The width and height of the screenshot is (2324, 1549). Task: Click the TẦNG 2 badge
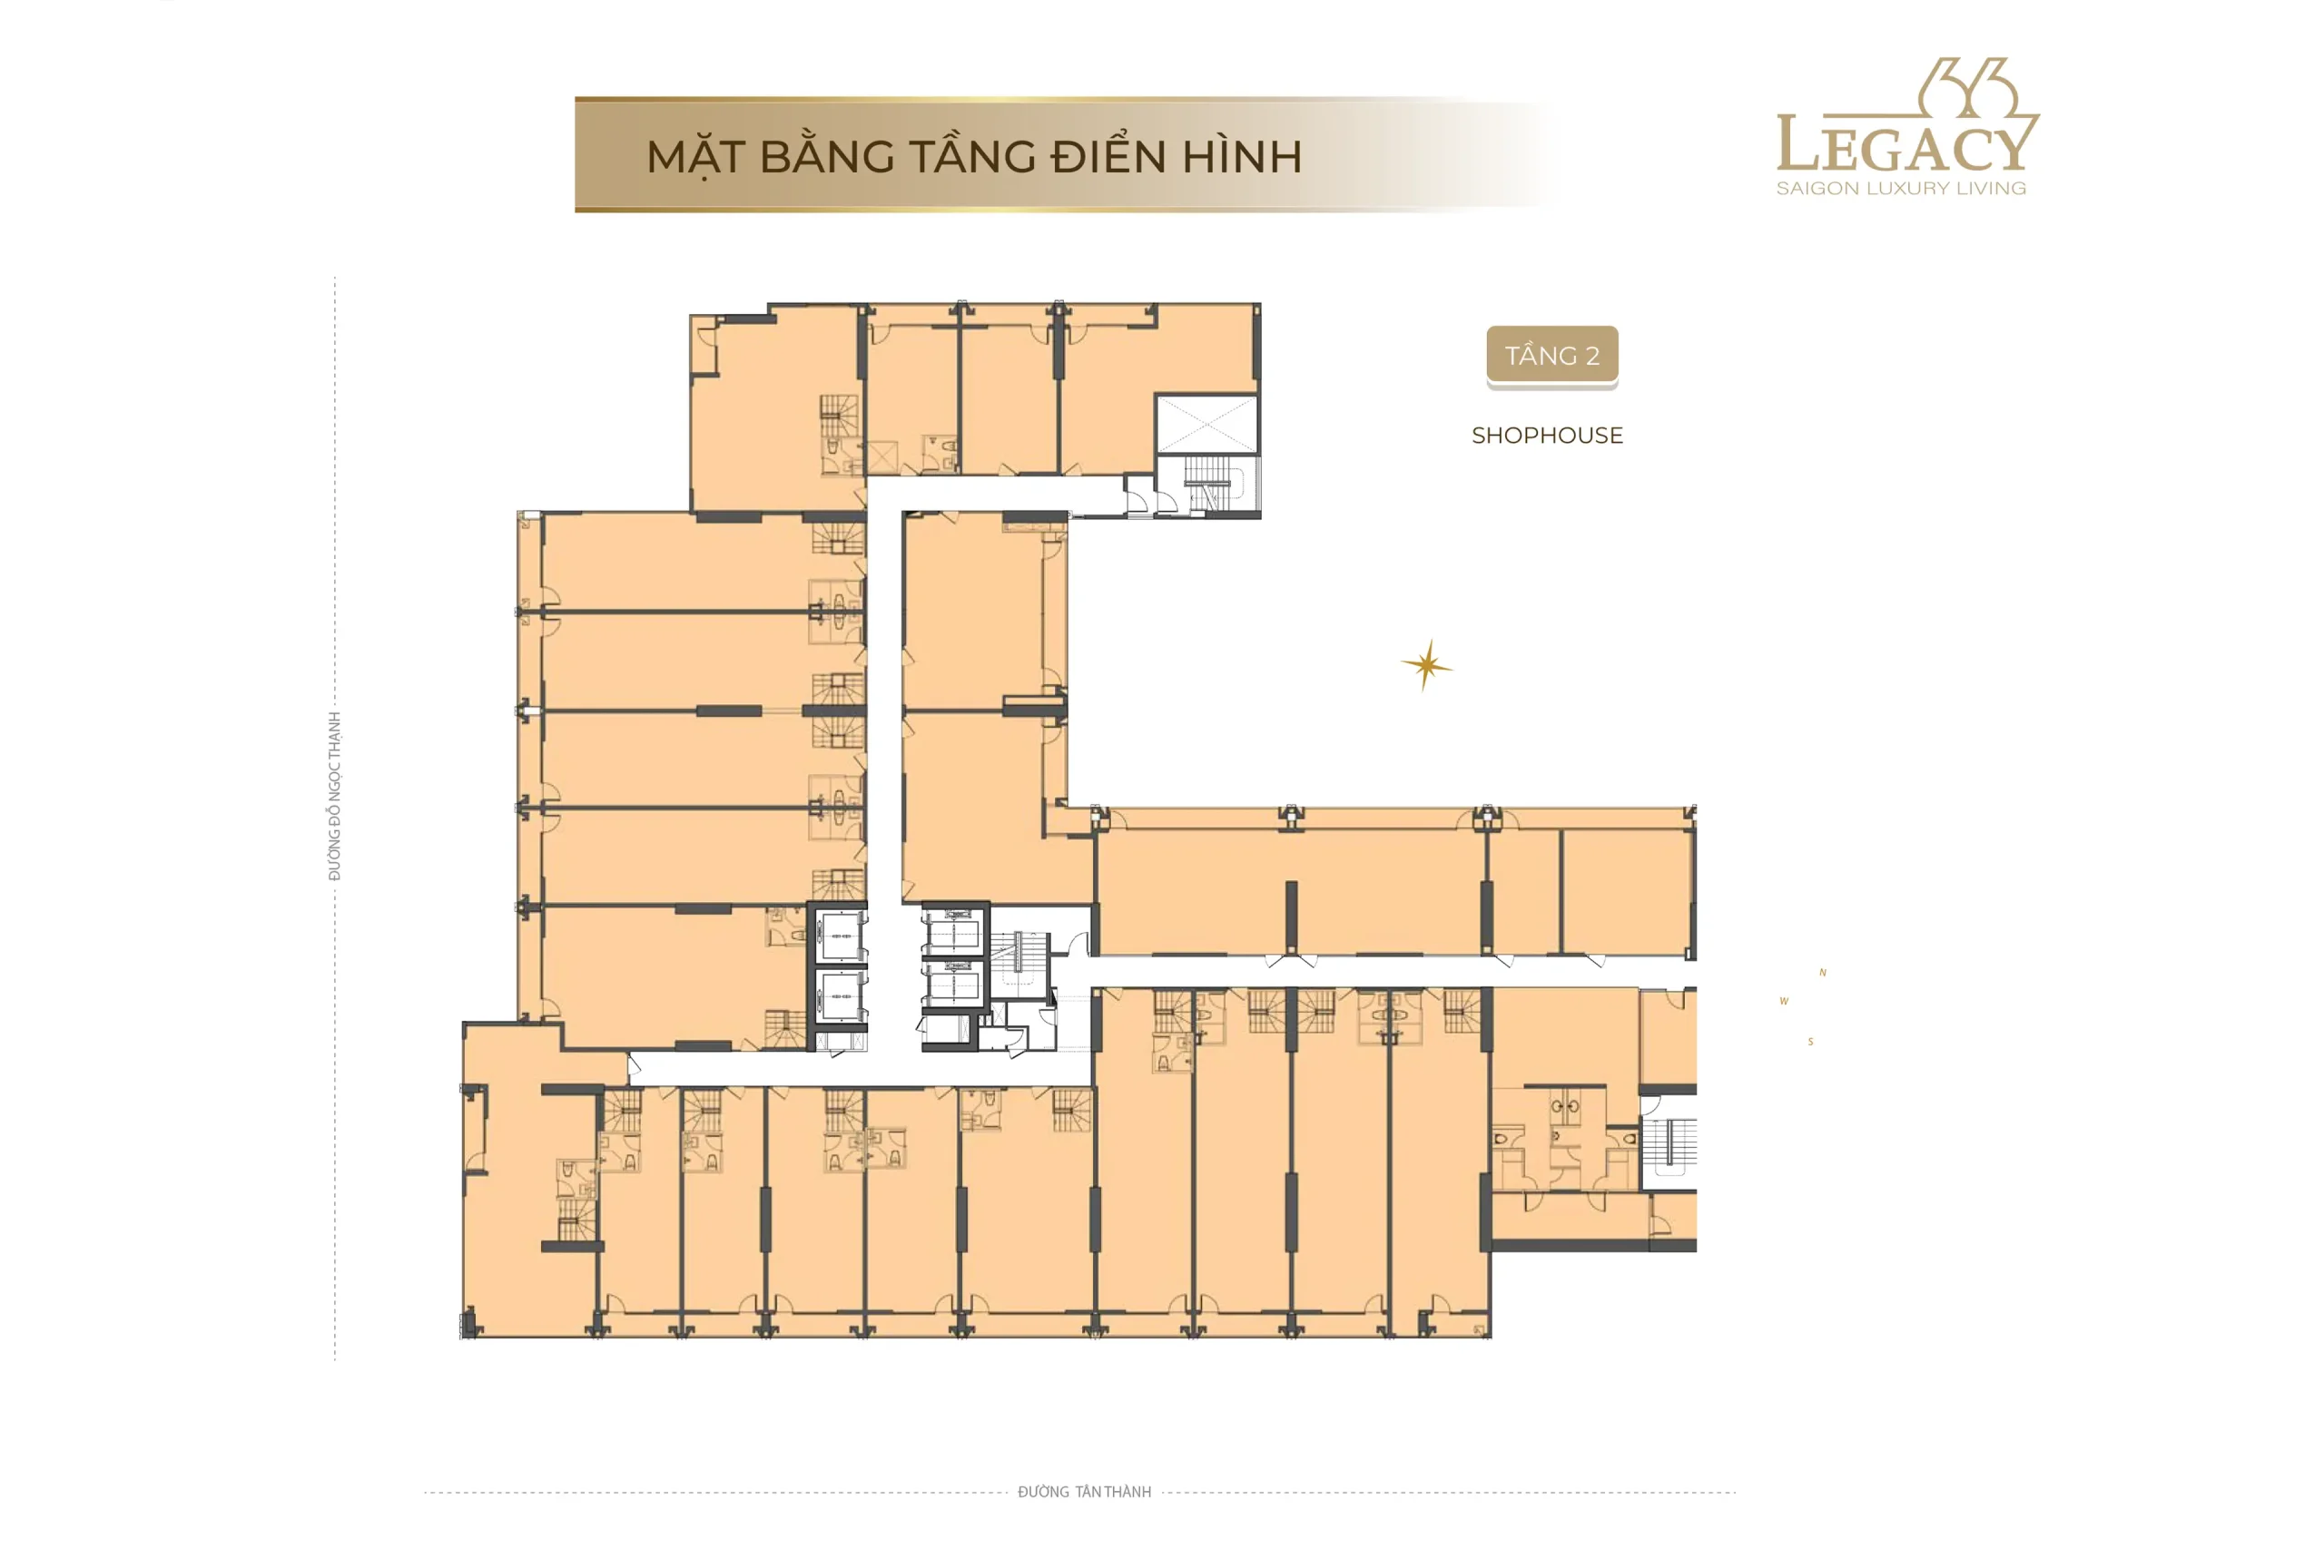click(x=1551, y=356)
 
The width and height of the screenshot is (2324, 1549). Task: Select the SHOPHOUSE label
click(x=1546, y=436)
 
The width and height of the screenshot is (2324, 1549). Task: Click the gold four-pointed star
click(x=1426, y=665)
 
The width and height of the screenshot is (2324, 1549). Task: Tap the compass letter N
click(x=1822, y=973)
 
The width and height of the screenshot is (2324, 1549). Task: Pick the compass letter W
click(x=1784, y=1002)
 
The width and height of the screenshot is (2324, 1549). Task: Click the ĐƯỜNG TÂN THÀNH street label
click(x=1084, y=1492)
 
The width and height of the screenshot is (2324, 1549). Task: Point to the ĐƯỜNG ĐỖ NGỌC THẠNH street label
click(x=335, y=796)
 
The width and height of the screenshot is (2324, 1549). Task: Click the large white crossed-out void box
click(x=1207, y=425)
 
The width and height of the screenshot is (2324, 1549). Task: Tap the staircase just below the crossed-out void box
click(x=1214, y=483)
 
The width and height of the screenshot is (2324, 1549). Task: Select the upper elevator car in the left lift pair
click(x=841, y=935)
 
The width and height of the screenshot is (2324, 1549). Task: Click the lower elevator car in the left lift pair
click(x=841, y=995)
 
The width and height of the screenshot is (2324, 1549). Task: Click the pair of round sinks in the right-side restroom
click(x=1564, y=1106)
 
